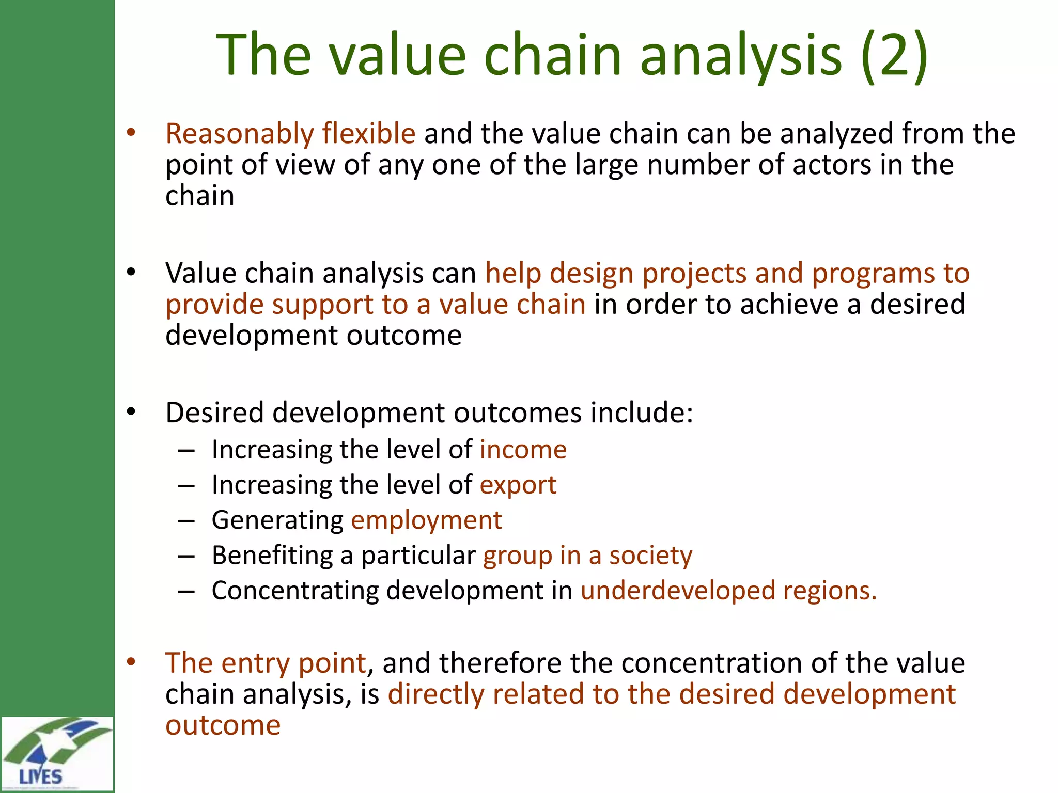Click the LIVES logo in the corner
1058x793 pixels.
57,753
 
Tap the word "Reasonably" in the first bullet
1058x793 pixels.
239,134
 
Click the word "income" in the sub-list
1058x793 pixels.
523,450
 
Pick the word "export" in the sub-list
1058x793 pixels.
518,485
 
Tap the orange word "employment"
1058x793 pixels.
426,520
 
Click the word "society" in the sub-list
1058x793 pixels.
650,556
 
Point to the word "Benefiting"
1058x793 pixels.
272,556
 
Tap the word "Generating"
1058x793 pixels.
277,520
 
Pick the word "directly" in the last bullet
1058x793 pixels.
435,694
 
